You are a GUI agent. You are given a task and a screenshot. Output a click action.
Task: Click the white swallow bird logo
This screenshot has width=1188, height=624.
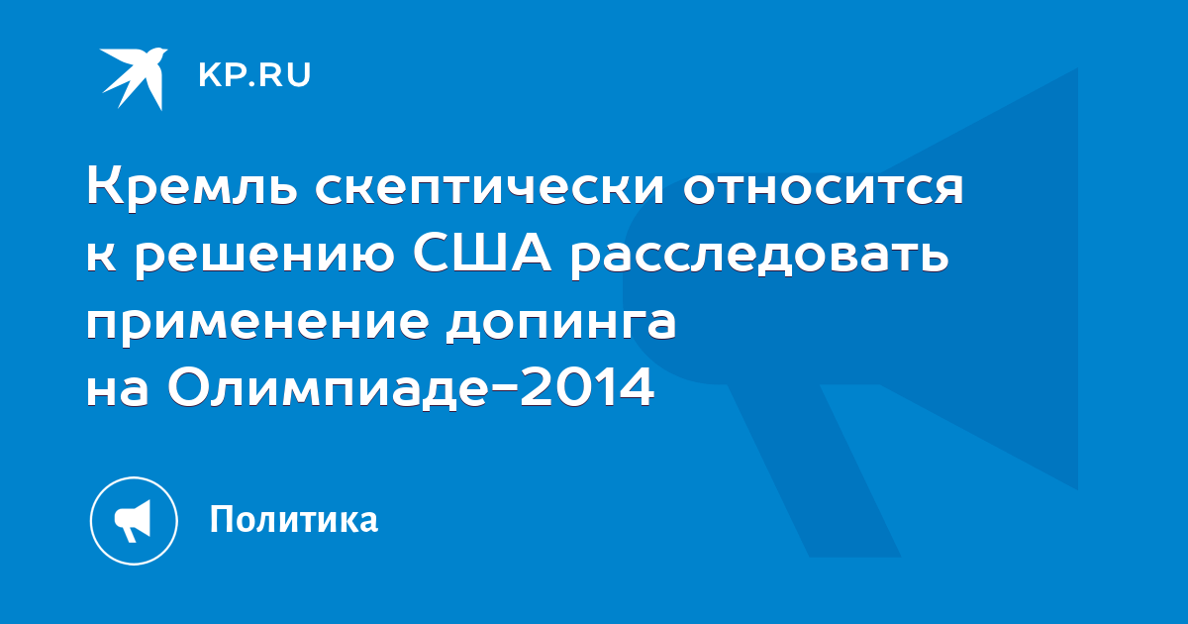tap(134, 78)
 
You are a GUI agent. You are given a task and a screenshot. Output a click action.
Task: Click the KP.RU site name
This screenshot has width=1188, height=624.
tap(254, 75)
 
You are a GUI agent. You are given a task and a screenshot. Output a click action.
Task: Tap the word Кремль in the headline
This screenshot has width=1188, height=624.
tap(192, 187)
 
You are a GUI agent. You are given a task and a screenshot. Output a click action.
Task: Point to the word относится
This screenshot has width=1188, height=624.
tap(823, 189)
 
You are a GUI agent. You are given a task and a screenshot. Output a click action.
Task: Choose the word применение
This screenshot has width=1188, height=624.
tap(257, 326)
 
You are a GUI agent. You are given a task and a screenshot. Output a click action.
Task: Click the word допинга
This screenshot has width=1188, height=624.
tap(561, 326)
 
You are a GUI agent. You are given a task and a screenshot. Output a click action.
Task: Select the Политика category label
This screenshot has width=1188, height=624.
tap(294, 519)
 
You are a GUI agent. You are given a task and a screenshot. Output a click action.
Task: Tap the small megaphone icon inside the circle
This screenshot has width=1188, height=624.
tap(133, 521)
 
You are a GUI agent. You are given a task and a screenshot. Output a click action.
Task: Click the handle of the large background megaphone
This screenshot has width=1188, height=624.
tap(814, 469)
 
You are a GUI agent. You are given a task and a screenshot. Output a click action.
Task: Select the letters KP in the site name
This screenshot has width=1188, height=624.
tap(221, 75)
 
